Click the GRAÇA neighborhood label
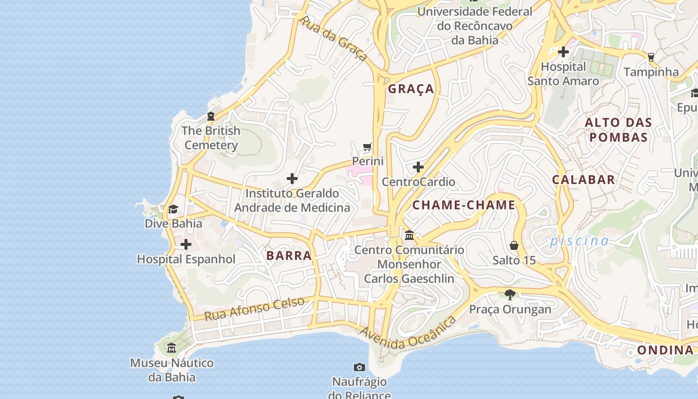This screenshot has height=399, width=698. [411, 89]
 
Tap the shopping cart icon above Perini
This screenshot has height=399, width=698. [367, 147]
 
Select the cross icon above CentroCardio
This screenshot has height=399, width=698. [418, 167]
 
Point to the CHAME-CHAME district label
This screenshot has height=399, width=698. [464, 205]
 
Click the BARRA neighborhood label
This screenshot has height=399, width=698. [289, 256]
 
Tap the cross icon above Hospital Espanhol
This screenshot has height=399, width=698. [186, 244]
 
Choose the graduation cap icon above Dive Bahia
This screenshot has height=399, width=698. [173, 209]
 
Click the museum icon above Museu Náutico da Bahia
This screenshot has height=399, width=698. [172, 348]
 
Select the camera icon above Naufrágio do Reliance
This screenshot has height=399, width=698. [359, 368]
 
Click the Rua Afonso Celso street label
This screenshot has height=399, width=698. [254, 309]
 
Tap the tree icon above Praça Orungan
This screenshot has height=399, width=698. [510, 294]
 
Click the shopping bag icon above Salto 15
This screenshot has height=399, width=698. [514, 245]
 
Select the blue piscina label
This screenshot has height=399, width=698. [579, 241]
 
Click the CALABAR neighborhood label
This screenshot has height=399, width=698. [583, 180]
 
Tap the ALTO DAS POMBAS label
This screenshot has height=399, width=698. [618, 130]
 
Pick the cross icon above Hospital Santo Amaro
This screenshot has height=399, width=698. [563, 52]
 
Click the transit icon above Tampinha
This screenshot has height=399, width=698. [651, 57]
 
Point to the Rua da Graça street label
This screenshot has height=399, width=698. [334, 38]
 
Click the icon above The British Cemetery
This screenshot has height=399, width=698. [210, 116]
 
